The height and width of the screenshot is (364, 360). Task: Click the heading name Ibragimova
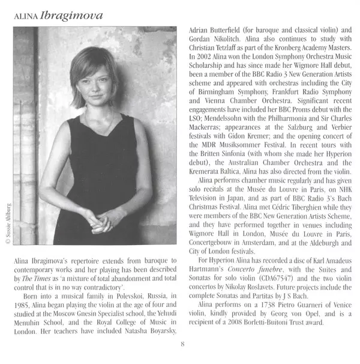pyautogui.click(x=71, y=14)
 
